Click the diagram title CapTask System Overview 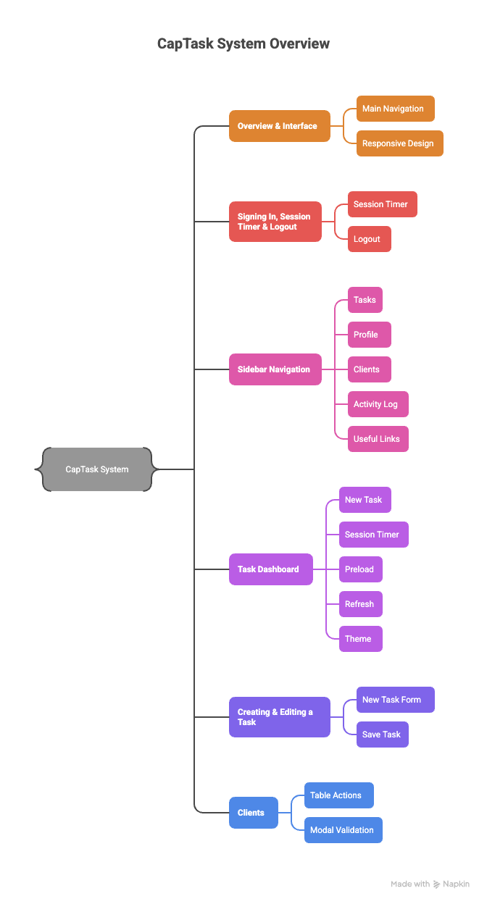[x=243, y=43]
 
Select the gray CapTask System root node [x=96, y=469]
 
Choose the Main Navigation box [x=395, y=109]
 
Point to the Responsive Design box [x=399, y=143]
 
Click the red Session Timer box [x=382, y=204]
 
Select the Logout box [x=369, y=239]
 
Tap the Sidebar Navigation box [x=275, y=369]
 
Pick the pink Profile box [x=369, y=335]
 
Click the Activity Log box [x=378, y=404]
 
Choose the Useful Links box [x=378, y=439]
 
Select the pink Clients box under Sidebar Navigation [x=369, y=369]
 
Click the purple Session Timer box [x=373, y=535]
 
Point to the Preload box [x=360, y=569]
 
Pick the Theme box [x=360, y=639]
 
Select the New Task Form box [x=395, y=700]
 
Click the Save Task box [x=382, y=734]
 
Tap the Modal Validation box [x=343, y=830]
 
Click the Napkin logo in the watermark [x=437, y=884]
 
